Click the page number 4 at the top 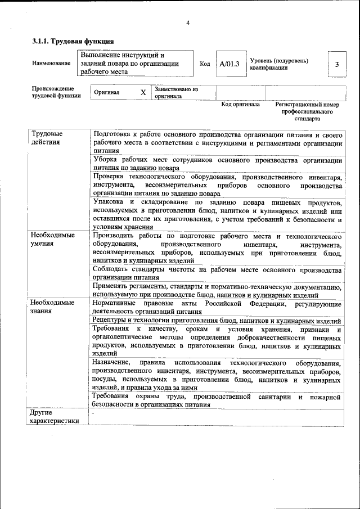point(188,22)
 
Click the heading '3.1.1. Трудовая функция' point(73,41)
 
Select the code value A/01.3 point(229,64)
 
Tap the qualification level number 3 point(336,64)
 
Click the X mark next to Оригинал point(143,92)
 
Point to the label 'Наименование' point(47,64)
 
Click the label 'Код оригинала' point(240,105)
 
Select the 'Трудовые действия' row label point(47,138)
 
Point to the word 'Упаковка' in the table point(109,202)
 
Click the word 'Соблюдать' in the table point(112,269)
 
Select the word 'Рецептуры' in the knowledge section point(112,320)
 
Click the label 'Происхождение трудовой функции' point(56,92)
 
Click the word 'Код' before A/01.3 point(205,64)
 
